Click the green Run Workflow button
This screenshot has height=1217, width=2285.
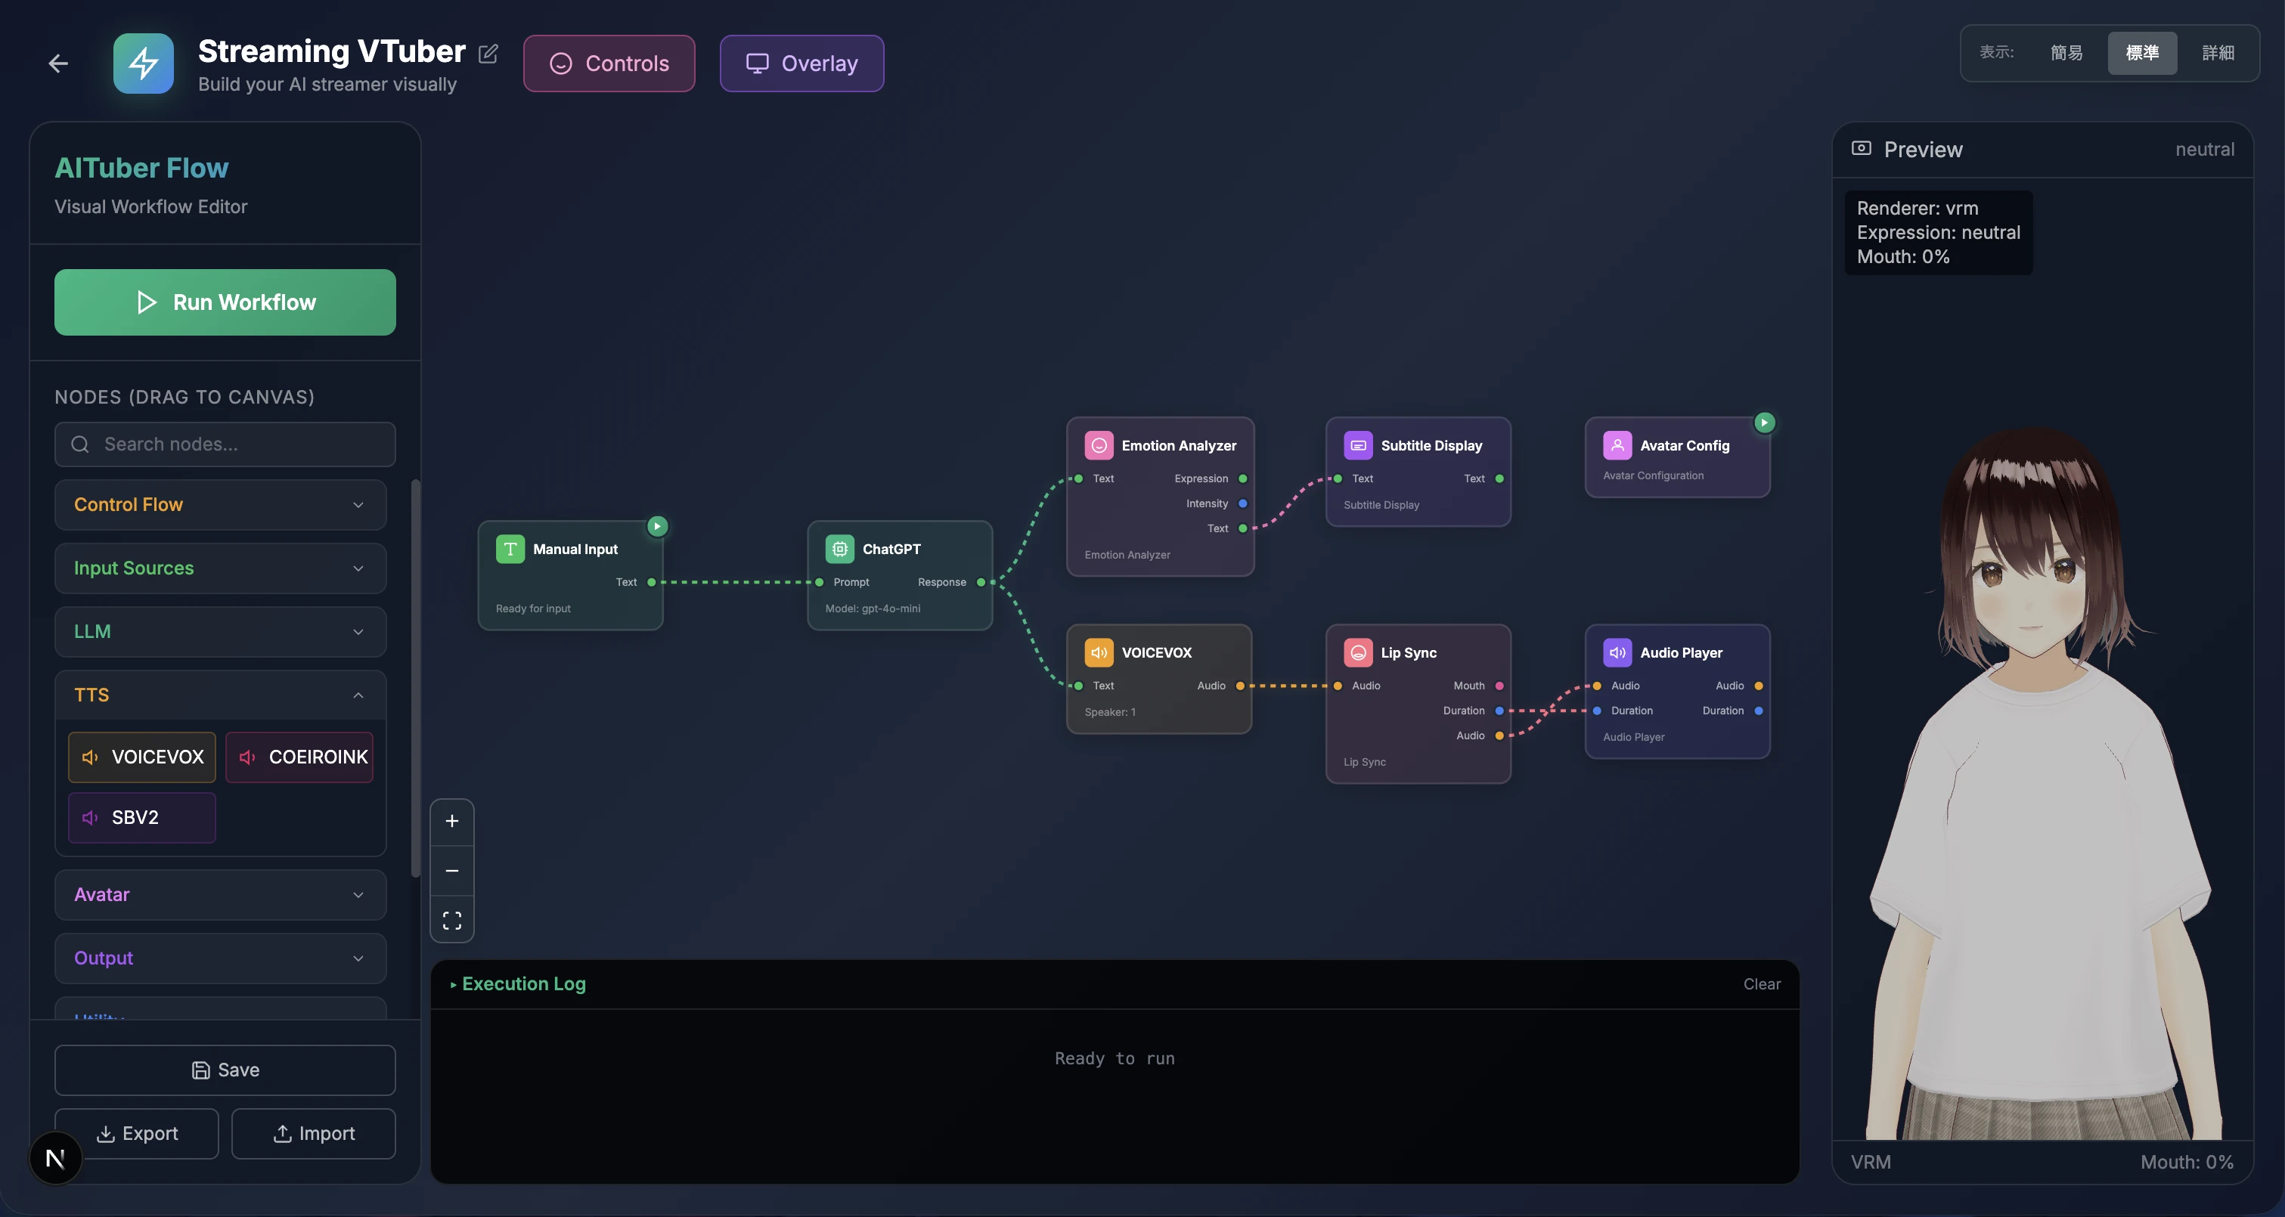225,302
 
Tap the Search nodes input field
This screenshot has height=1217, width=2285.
225,444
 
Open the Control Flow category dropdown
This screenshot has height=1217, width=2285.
220,505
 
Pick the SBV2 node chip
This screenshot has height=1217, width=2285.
142,817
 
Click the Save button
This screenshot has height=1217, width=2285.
225,1070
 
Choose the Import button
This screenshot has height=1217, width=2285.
313,1133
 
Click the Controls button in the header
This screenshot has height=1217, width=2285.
609,63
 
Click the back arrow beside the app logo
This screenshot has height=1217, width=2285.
58,63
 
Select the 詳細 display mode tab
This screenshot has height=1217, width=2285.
2218,53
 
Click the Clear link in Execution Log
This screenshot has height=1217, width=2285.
1762,983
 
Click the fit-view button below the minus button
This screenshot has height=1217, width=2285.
451,920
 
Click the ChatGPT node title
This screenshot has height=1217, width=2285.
891,549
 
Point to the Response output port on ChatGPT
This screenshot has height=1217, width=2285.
981,582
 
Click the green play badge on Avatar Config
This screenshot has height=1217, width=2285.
1764,423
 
